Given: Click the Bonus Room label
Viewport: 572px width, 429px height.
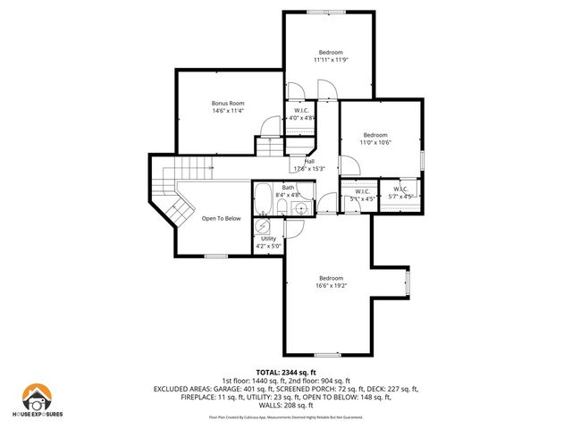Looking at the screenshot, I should [x=227, y=104].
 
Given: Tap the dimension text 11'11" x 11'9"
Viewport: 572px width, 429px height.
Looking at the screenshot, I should [x=329, y=60].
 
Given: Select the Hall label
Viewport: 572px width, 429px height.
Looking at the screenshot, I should [x=308, y=161].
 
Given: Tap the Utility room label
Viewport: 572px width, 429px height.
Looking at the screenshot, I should [x=268, y=239].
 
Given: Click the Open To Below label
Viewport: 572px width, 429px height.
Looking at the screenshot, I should [x=221, y=218].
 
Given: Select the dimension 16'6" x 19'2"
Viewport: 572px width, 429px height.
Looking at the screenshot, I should [x=331, y=286].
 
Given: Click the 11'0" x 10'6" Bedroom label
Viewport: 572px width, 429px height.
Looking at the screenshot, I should [x=375, y=135].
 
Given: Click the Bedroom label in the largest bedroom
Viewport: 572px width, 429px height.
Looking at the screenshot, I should [x=331, y=277].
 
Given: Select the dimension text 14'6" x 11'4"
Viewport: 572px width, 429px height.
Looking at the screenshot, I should [x=227, y=111].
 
